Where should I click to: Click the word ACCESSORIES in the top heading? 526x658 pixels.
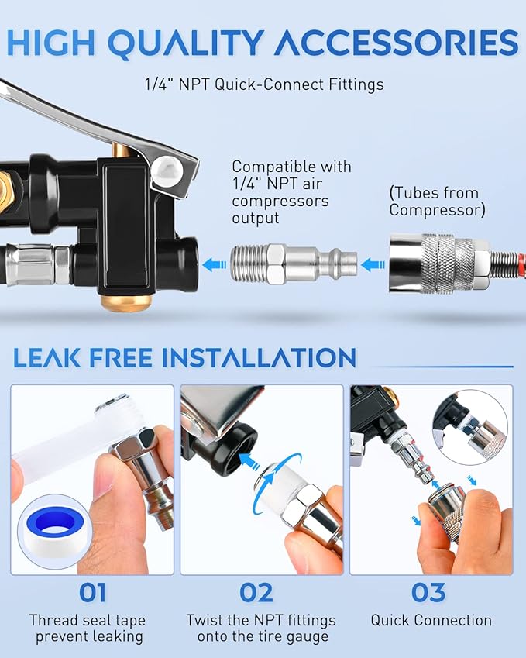397,43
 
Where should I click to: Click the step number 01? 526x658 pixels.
92,593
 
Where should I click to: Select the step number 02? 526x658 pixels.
256,593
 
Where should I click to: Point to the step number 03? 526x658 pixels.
428,593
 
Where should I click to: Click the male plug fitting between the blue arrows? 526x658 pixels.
293,264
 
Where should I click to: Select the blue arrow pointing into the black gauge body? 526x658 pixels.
214,265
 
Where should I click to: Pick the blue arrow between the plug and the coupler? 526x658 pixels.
373,265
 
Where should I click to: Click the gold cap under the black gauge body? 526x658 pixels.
126,301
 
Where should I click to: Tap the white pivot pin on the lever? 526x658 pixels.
167,171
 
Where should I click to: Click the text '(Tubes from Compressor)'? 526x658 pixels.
437,201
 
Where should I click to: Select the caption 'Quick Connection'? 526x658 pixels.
431,620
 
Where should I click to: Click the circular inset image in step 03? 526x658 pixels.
469,427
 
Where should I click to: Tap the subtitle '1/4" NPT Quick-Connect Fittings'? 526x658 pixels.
264,84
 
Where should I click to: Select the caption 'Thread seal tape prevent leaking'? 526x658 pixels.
88,629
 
